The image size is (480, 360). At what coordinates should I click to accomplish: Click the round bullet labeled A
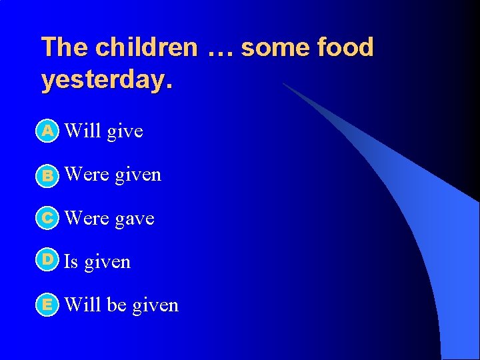47,131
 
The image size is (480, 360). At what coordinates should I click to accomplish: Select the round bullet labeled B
47,175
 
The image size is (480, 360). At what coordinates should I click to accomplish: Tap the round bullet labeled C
47,218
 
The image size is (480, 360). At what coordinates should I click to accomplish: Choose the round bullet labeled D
47,260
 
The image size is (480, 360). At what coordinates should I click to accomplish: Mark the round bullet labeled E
47,305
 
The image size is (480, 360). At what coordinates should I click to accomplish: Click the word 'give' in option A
125,131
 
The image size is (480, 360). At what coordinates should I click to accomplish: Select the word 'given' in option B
138,175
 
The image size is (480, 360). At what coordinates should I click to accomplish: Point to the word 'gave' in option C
135,219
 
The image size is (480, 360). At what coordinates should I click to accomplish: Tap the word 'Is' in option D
71,262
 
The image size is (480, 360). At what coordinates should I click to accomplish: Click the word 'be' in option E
117,305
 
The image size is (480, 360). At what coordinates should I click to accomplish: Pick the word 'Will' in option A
83,131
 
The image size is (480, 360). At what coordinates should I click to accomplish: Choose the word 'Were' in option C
87,218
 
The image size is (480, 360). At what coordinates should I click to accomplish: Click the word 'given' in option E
155,306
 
